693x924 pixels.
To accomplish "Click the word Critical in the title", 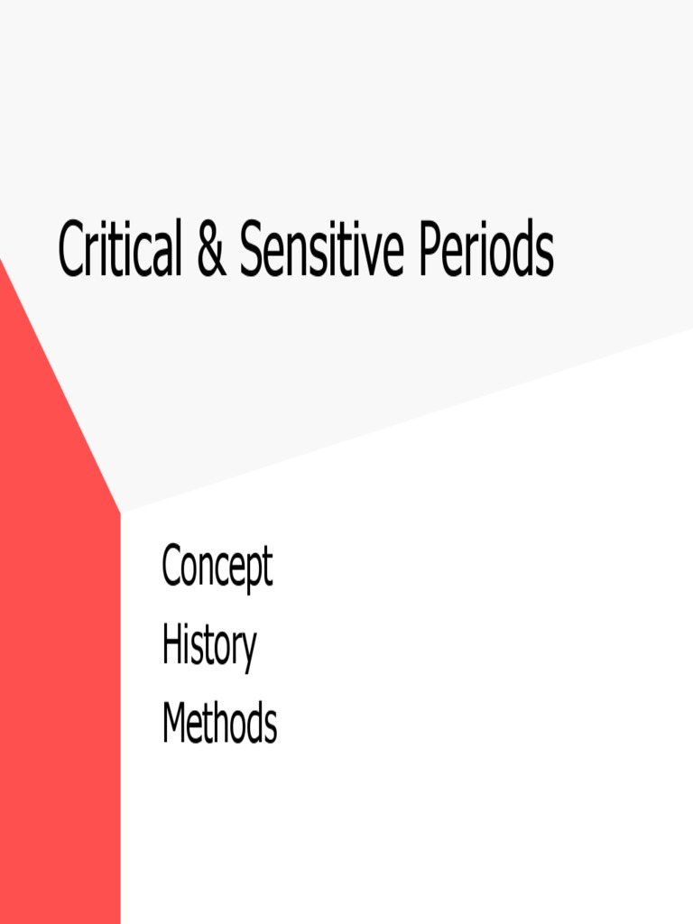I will click(x=118, y=249).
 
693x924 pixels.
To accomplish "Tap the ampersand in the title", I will click(x=210, y=250).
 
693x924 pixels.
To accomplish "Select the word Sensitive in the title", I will click(x=321, y=250).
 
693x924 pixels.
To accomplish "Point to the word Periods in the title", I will click(x=485, y=250).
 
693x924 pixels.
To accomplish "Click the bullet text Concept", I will click(x=217, y=568).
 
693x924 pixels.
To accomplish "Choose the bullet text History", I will click(x=208, y=646).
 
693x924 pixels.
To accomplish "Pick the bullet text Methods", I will click(x=219, y=724).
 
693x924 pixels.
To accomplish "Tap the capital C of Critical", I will click(x=70, y=250).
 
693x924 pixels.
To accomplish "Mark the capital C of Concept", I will click(x=171, y=567).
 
